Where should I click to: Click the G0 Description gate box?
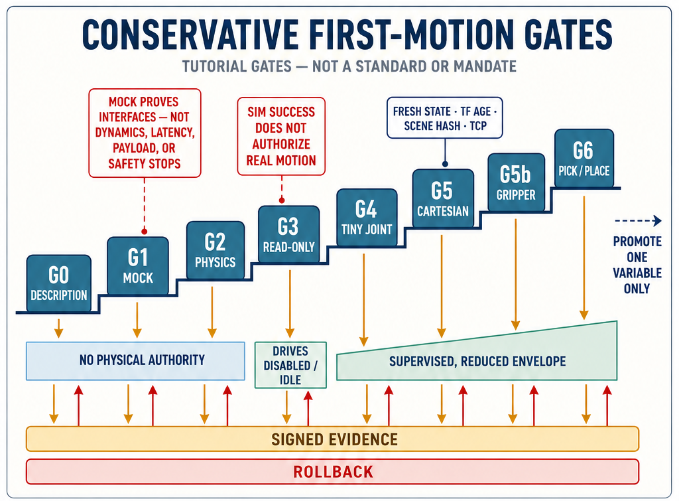click(59, 283)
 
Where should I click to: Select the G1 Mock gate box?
click(138, 266)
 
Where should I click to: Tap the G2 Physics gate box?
click(216, 250)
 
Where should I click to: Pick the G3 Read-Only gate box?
click(289, 234)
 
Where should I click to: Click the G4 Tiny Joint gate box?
click(367, 218)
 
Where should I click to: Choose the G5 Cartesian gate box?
click(443, 198)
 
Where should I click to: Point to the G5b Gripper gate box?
click(516, 182)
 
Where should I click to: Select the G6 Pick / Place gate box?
click(584, 158)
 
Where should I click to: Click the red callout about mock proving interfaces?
click(145, 133)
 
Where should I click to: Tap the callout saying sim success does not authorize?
click(281, 136)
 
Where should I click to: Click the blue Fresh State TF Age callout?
click(445, 118)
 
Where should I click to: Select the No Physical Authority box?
click(135, 361)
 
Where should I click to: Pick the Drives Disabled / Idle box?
click(290, 365)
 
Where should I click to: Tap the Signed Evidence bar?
click(333, 439)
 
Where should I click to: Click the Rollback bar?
click(333, 472)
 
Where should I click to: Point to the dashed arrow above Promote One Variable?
click(639, 221)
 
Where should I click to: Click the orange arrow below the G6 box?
click(584, 258)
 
